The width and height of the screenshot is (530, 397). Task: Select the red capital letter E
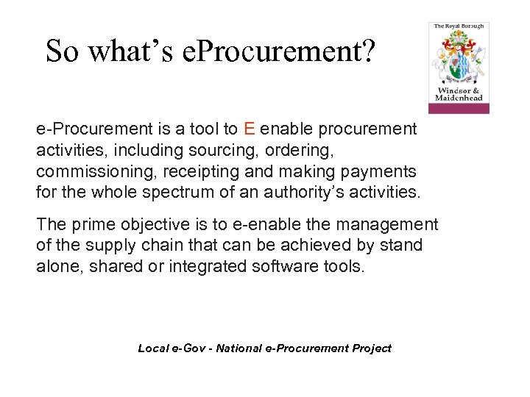249,129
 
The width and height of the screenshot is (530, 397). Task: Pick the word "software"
280,266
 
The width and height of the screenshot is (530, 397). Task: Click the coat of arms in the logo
459,59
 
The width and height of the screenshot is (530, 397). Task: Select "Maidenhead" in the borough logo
459,98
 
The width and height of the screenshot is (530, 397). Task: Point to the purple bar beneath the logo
459,108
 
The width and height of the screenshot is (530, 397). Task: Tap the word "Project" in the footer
371,348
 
